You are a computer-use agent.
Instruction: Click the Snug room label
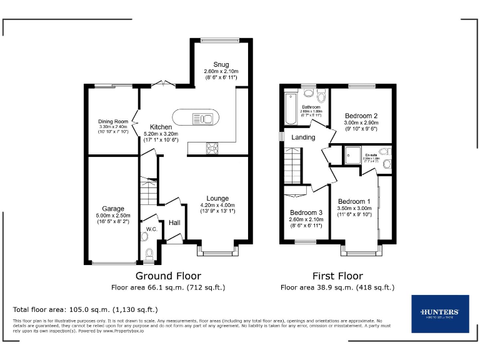point(221,64)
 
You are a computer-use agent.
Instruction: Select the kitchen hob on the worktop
point(212,148)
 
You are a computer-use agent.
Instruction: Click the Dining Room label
point(112,121)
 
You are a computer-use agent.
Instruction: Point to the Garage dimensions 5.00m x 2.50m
point(113,216)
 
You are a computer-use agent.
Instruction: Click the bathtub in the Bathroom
point(290,110)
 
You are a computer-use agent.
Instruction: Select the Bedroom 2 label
point(361,116)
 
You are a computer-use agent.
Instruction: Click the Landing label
point(303,137)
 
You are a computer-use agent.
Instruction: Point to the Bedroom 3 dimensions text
point(306,222)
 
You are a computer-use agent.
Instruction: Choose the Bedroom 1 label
point(354,201)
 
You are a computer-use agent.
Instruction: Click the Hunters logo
point(440,313)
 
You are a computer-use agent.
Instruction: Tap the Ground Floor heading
point(168,276)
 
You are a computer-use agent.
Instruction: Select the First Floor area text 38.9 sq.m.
point(337,287)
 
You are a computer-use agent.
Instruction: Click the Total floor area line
point(86,309)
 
